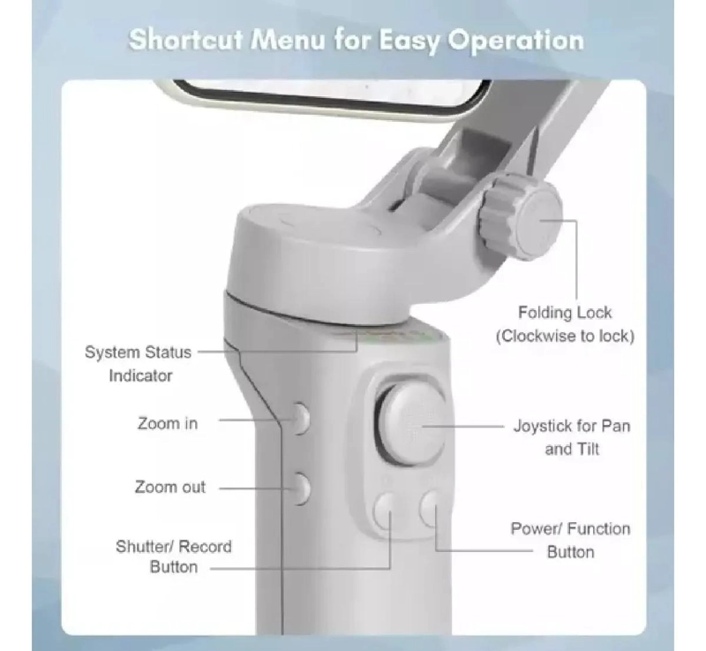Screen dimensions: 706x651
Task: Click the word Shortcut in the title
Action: click(186, 40)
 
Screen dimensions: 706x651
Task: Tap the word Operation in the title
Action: click(515, 42)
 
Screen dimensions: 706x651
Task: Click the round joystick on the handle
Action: click(411, 424)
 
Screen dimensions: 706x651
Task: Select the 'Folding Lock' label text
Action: click(565, 312)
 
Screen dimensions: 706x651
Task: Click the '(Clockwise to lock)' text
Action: click(565, 336)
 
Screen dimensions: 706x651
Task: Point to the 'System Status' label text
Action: click(138, 352)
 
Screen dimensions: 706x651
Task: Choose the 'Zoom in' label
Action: click(168, 423)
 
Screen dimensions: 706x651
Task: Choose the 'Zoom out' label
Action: click(170, 487)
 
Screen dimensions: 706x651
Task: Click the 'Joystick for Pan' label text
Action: click(572, 426)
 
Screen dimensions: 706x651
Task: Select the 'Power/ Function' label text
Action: click(570, 528)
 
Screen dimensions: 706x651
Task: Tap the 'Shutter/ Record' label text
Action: click(174, 547)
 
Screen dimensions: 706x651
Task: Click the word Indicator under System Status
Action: click(140, 375)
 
